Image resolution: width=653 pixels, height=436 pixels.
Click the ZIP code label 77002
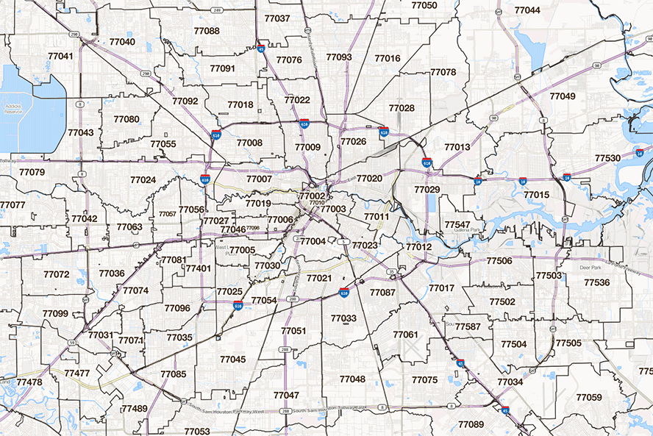point(312,196)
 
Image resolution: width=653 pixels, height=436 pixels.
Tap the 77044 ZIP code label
point(527,10)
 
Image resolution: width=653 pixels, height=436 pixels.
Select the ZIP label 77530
point(607,158)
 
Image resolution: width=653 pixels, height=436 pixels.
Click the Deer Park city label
point(591,268)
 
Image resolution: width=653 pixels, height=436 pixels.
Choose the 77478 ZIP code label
point(29,382)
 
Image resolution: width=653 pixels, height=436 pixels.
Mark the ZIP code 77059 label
point(588,397)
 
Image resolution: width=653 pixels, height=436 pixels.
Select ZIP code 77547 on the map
point(457,224)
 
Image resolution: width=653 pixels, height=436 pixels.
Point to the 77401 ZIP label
point(198,268)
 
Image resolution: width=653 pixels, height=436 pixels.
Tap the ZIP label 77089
point(471,424)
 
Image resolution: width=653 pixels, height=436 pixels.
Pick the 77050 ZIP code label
point(424,5)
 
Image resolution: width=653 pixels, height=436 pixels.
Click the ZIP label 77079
point(32,172)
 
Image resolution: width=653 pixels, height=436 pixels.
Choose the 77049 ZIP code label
point(563,96)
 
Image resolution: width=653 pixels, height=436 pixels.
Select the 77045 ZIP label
point(232,359)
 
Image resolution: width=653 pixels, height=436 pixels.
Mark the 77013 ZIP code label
point(457,147)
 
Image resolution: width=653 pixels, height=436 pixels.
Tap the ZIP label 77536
point(596,282)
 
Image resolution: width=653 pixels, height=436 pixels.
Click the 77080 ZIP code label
point(126,118)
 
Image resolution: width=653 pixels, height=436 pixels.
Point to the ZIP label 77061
point(405,335)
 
